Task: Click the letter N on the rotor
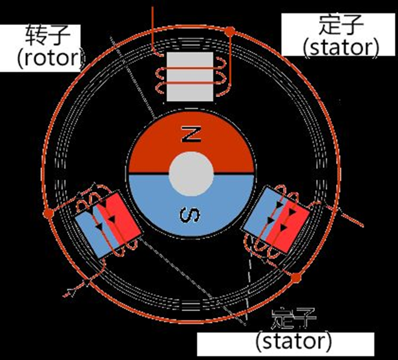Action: [190, 135]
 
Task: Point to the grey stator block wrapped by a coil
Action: [190, 76]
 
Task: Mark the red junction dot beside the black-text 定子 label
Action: [229, 32]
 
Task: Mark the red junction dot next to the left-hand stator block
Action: [48, 213]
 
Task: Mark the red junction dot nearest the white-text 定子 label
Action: [296, 278]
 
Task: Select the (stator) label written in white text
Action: [294, 341]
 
